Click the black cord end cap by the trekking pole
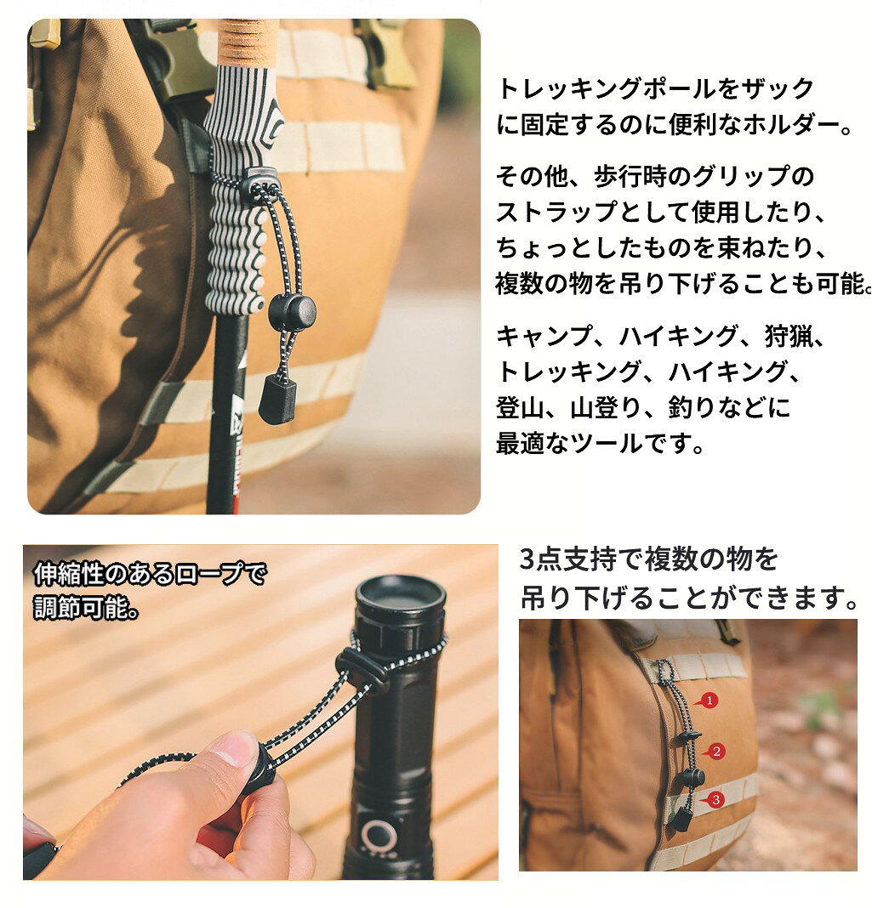[277, 399]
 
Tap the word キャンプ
[545, 336]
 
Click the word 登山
[521, 408]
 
